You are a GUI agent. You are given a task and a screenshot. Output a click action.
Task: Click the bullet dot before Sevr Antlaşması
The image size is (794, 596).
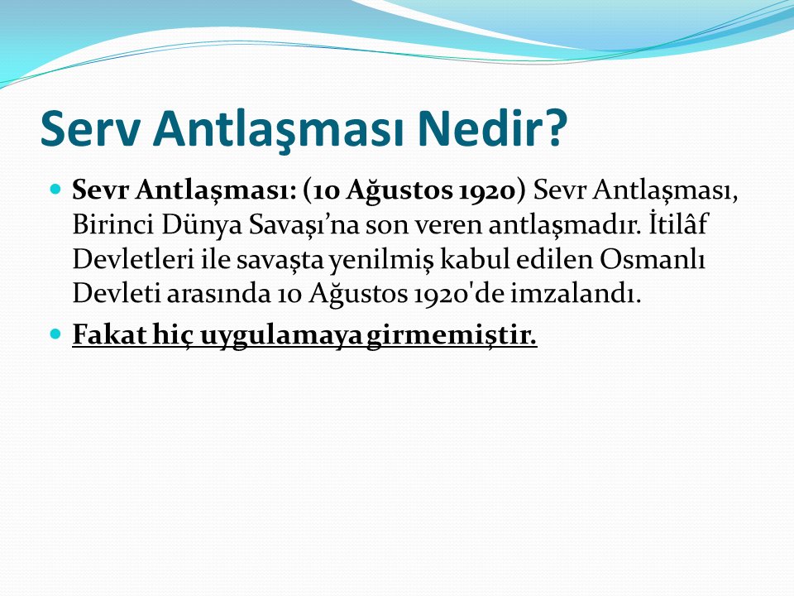pyautogui.click(x=55, y=190)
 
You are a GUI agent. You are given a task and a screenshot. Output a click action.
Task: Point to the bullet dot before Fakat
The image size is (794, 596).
pyautogui.click(x=55, y=334)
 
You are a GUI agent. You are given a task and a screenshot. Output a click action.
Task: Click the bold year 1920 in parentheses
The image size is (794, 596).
pyautogui.click(x=493, y=190)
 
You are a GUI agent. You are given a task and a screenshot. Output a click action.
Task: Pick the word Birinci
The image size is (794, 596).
pyautogui.click(x=113, y=224)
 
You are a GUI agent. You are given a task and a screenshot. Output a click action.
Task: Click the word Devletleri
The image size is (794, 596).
pyautogui.click(x=133, y=258)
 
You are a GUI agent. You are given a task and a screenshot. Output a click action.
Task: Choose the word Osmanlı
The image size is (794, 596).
pyautogui.click(x=653, y=258)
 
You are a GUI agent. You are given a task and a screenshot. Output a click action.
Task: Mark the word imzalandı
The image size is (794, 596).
pyautogui.click(x=576, y=293)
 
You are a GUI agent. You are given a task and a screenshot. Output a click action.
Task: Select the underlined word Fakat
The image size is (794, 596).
pyautogui.click(x=109, y=334)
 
